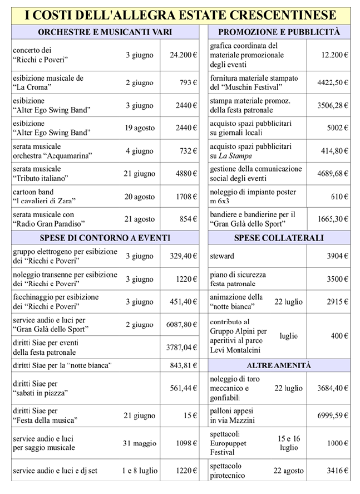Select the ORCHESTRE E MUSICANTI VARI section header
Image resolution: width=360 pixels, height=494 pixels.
[105, 32]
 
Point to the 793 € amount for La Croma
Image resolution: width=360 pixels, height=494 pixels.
[188, 83]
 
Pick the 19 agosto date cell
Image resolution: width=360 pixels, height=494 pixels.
[140, 128]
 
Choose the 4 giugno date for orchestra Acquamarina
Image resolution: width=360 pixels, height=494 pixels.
[140, 151]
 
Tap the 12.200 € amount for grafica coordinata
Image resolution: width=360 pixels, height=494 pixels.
[334, 55]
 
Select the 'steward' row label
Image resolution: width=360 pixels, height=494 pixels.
[222, 256]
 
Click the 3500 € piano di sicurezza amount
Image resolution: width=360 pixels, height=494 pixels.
[337, 279]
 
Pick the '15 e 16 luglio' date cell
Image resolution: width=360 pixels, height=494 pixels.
[289, 443]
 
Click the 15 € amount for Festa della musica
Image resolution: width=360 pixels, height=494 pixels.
[191, 415]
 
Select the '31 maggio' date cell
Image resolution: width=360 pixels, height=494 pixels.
[140, 443]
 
